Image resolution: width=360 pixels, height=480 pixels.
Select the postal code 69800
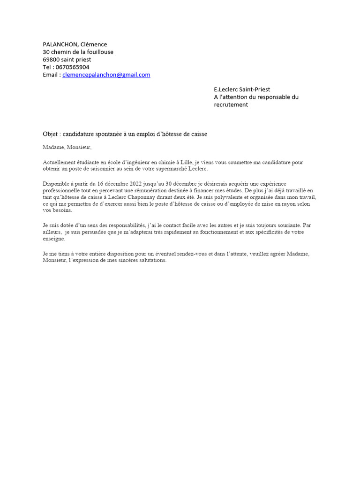point(51,60)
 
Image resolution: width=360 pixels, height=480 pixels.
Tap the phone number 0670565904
point(72,67)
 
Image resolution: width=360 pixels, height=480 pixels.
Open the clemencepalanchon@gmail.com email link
point(106,75)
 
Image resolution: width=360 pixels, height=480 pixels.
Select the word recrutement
point(231,105)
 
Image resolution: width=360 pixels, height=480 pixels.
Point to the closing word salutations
point(151,260)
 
